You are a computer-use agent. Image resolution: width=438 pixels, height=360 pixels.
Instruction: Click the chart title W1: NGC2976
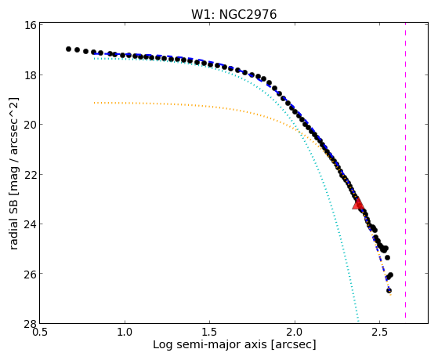(x=233, y=14)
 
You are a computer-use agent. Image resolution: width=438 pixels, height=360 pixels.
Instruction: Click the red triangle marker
(x=358, y=203)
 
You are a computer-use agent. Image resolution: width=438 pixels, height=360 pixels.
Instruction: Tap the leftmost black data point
(x=68, y=49)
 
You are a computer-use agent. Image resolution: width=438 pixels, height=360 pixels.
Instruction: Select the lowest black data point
(x=389, y=291)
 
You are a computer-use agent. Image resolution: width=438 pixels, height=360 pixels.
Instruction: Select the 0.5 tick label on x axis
(x=40, y=332)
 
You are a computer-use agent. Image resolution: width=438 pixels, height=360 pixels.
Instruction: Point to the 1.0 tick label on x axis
(x=125, y=332)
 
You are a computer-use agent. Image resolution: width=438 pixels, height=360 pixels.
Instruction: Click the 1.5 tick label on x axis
(x=209, y=332)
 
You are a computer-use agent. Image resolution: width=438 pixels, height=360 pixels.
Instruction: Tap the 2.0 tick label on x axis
(x=295, y=332)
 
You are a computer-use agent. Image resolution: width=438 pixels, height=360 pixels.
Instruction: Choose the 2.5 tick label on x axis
(x=379, y=332)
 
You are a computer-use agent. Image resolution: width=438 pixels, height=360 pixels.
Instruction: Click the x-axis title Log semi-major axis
(x=210, y=344)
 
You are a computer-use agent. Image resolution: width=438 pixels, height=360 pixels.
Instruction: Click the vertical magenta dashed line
(x=405, y=171)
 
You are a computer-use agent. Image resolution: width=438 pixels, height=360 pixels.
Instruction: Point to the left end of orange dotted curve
(x=94, y=103)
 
